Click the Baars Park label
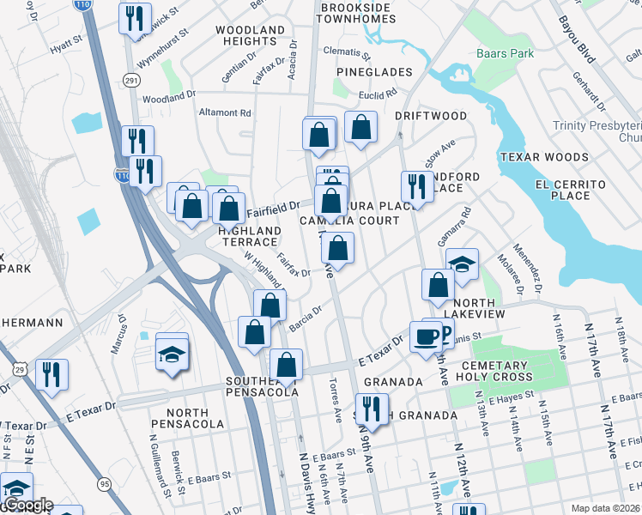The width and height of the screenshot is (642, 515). point(505,53)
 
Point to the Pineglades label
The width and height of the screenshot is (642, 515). point(374,72)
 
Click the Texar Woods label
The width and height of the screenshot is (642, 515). point(544,157)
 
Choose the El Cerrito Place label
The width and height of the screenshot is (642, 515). point(571,190)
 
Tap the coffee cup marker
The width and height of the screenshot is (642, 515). point(426,336)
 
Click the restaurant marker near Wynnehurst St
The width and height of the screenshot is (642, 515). point(135,18)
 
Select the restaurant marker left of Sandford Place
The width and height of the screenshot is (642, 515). point(417,186)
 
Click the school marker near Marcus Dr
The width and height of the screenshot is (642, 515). point(172,354)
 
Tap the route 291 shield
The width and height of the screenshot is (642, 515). point(131,80)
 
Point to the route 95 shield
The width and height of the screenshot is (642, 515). point(105,484)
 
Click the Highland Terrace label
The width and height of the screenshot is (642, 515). point(249,237)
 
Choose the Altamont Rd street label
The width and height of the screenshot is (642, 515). point(225,112)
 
